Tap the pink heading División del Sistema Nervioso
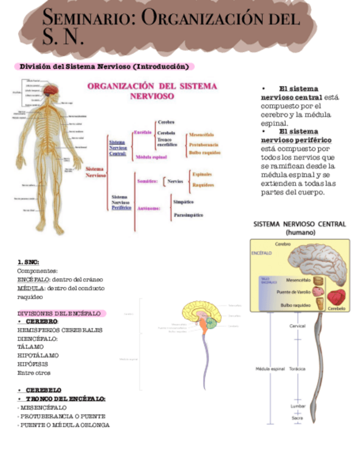(x=104, y=66)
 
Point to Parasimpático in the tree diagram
(x=188, y=215)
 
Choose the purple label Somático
(x=148, y=180)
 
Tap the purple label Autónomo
(x=148, y=208)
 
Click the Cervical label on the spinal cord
(x=297, y=326)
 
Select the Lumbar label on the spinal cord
(x=298, y=406)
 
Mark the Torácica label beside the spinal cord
(x=297, y=368)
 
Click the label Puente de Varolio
(x=294, y=292)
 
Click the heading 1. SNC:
(x=28, y=262)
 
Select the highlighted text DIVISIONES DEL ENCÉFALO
(x=59, y=313)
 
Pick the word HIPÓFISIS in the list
(x=32, y=364)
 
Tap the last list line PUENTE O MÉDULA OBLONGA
(x=64, y=424)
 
